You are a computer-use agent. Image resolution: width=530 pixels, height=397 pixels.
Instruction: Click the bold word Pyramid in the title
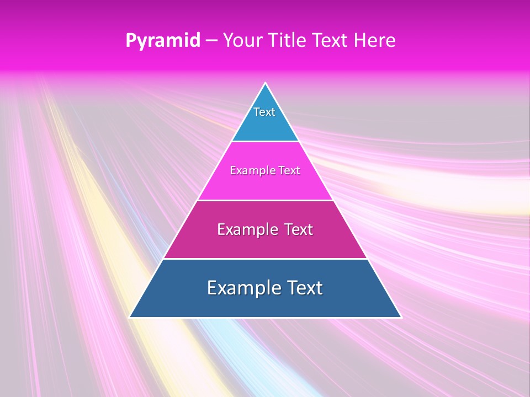(162, 41)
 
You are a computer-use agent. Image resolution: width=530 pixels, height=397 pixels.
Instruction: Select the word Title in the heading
(289, 41)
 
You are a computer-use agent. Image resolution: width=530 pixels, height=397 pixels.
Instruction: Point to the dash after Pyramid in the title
(211, 41)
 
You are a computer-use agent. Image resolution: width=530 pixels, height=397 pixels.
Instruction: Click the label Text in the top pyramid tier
(264, 112)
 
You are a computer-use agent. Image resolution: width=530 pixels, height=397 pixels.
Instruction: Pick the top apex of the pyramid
(266, 83)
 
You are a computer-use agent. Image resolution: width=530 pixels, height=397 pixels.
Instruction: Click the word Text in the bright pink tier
(289, 171)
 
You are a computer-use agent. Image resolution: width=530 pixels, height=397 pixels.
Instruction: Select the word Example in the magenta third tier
(245, 229)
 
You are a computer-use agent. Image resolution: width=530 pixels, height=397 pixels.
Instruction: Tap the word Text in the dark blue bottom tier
(305, 288)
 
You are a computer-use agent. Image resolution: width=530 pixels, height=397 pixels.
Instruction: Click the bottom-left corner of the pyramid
(130, 317)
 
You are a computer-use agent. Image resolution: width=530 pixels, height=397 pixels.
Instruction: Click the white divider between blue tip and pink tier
(265, 142)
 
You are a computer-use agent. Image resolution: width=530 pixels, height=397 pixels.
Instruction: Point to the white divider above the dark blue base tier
(265, 259)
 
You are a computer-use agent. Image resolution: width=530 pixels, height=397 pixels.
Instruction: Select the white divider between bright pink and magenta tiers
(265, 200)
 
